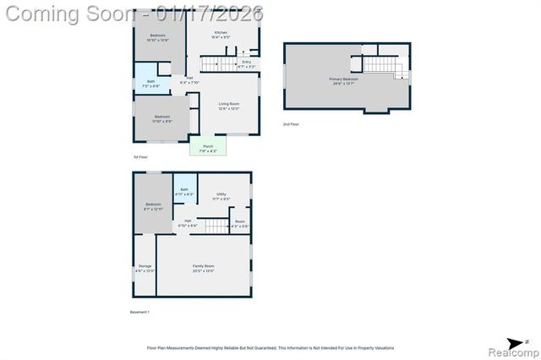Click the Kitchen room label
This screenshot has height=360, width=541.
click(x=221, y=34)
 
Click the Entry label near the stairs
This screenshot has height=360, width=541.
click(x=246, y=63)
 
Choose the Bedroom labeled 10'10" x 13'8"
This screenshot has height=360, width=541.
click(x=157, y=37)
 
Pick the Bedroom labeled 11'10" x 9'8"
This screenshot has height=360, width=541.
click(x=161, y=119)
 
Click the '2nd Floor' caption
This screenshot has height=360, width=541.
click(x=291, y=124)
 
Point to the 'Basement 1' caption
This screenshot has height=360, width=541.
click(x=139, y=313)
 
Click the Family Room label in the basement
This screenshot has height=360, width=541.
click(x=203, y=268)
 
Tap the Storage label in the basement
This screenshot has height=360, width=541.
click(x=145, y=268)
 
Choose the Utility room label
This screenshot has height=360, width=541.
click(x=221, y=196)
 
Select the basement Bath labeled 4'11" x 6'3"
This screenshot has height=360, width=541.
click(x=183, y=192)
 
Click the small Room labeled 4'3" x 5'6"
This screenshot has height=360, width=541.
click(x=240, y=224)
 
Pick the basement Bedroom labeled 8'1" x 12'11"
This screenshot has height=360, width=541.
click(x=152, y=206)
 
